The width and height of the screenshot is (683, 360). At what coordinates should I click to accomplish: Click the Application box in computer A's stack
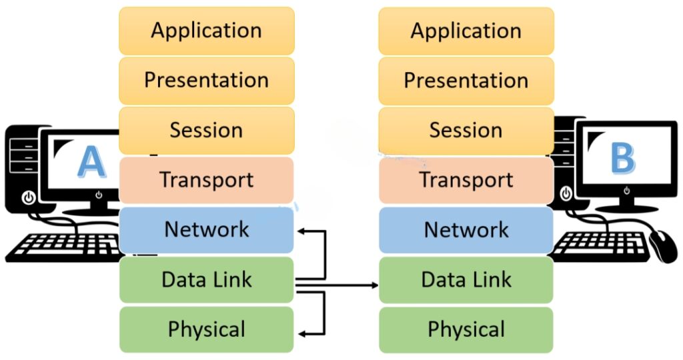point(206,31)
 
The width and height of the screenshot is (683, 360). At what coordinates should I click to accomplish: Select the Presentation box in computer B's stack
point(466,81)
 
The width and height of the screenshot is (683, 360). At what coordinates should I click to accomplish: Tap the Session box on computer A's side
point(206,130)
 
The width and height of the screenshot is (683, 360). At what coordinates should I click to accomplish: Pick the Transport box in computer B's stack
point(466,180)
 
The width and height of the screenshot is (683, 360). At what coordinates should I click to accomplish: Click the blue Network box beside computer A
point(206,230)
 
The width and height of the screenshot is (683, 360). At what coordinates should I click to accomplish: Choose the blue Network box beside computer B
point(466,230)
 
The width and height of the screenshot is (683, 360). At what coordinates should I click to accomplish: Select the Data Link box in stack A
point(206,280)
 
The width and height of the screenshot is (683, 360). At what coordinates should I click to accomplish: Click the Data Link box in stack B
point(466,280)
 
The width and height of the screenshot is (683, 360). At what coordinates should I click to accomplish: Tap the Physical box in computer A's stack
point(206,329)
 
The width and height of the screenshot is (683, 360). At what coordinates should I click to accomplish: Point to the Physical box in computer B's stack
point(466,329)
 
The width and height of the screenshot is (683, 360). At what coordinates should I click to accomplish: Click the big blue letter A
point(91,162)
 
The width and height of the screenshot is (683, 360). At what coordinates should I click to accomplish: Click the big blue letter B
point(622,160)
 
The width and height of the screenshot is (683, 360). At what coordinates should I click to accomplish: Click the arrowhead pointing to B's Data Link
point(374,285)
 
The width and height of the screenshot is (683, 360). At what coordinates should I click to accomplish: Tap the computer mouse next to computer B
point(662,245)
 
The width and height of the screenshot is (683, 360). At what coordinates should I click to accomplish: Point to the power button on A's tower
point(27,197)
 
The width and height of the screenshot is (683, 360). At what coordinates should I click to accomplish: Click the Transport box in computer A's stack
point(206,180)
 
